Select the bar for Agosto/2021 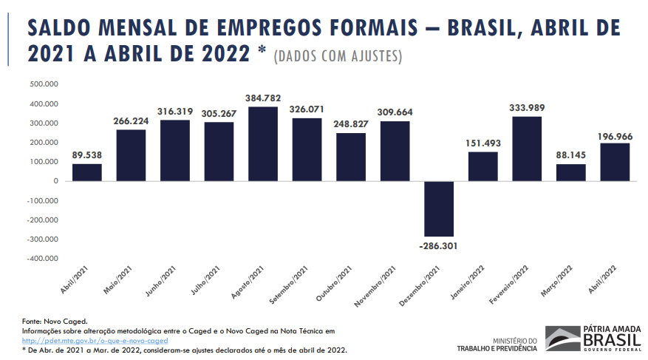(x=263, y=144)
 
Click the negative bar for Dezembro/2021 (x=439, y=208)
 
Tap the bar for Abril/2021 (x=87, y=172)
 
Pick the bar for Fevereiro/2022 (x=526, y=149)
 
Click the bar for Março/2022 (x=570, y=172)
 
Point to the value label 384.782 (x=264, y=98)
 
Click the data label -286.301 (x=440, y=245)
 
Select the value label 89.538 (x=87, y=155)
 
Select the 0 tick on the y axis (x=56, y=181)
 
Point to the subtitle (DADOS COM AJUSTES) (x=338, y=56)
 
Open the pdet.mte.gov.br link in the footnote (x=95, y=341)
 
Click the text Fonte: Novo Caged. (x=55, y=322)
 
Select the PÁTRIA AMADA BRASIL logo (x=593, y=339)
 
